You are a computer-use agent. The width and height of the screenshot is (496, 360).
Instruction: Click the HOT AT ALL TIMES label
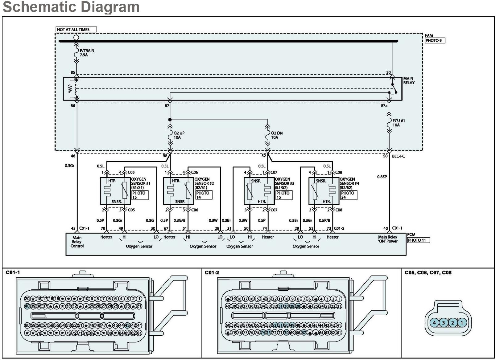point(73,30)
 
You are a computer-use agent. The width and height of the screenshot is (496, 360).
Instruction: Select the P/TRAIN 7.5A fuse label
point(87,53)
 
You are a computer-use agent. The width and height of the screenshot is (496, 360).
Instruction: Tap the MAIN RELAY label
point(409,81)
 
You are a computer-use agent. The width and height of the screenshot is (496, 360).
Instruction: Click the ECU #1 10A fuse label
point(398,123)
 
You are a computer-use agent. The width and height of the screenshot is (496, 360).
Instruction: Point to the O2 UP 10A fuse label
point(179,135)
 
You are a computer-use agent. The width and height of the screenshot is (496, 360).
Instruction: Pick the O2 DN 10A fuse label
point(276,135)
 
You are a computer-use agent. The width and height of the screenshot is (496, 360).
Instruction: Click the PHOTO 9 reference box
point(434,41)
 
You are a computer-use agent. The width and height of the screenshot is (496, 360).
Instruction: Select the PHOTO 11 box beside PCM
point(418,240)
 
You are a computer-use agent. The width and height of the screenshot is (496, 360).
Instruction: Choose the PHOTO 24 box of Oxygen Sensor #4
point(349,195)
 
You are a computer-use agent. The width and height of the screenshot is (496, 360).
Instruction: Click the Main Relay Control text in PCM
point(77,242)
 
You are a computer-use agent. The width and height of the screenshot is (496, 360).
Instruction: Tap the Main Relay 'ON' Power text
point(388,239)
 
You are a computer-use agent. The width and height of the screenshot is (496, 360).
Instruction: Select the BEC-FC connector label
point(398,156)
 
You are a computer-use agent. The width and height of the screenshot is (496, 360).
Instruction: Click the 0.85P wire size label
point(382,177)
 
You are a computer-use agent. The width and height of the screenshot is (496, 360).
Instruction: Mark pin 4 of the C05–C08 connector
point(434,323)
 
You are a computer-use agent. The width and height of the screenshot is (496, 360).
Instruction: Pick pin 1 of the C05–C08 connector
point(462,323)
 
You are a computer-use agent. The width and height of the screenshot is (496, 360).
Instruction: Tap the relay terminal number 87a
point(384,106)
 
